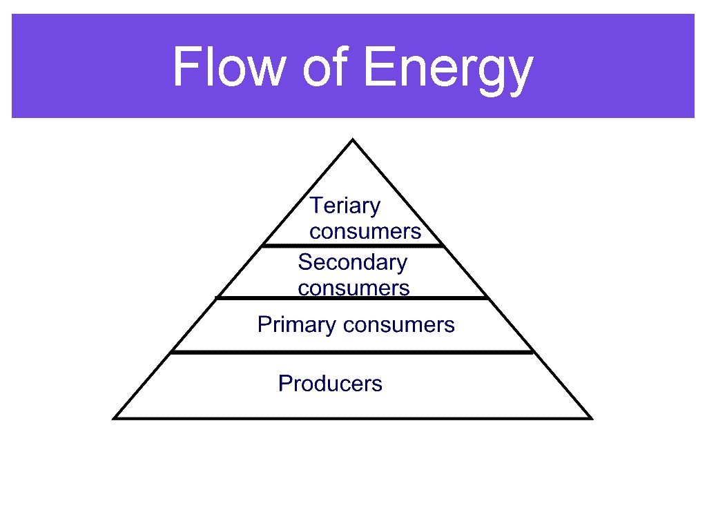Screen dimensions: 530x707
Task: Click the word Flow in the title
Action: coord(229,67)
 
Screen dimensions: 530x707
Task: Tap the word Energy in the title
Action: coord(447,68)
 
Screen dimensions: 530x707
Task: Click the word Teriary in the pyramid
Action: coord(345,206)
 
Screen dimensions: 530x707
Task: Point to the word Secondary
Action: coord(352,262)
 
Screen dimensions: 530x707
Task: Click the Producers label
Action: coord(330,383)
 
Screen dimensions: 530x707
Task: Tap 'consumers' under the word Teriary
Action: coord(365,231)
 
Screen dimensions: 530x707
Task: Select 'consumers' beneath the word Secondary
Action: coord(353,288)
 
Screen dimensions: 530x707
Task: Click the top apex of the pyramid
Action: coord(353,140)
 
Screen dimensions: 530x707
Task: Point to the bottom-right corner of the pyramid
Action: coord(590,418)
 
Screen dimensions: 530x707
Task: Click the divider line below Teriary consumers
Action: coord(352,245)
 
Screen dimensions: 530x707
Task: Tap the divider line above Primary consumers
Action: coord(352,298)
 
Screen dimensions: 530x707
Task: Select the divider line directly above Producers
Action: coord(352,353)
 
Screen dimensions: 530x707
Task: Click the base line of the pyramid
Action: coord(352,418)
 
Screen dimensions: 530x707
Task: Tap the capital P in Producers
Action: coord(284,383)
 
